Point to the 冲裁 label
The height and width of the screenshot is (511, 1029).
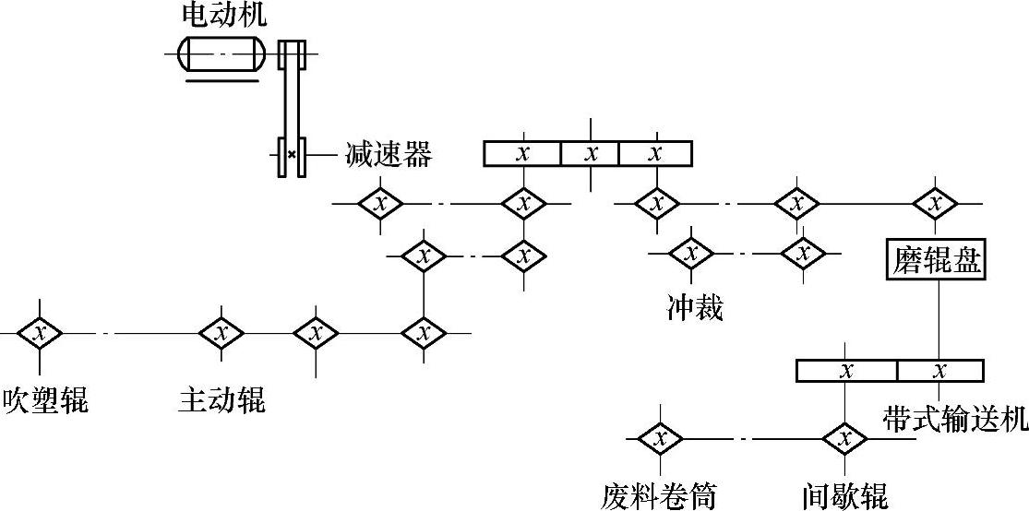pyautogui.click(x=695, y=306)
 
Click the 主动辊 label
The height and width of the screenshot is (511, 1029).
pyautogui.click(x=221, y=400)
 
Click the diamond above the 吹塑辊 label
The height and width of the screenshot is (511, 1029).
pyautogui.click(x=39, y=332)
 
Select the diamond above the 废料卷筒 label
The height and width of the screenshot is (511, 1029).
pyautogui.click(x=659, y=438)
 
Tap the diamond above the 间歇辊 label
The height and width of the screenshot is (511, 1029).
pyautogui.click(x=844, y=438)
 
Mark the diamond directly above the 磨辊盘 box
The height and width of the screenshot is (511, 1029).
pyautogui.click(x=936, y=202)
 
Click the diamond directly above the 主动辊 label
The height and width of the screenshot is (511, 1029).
pyautogui.click(x=221, y=332)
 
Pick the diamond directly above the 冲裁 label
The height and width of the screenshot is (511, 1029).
pyautogui.click(x=691, y=252)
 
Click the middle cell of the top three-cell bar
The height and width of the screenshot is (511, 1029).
pyautogui.click(x=590, y=153)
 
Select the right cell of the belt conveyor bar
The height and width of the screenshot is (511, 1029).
pyautogui.click(x=939, y=371)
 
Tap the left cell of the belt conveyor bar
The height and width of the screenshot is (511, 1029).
pyautogui.click(x=846, y=371)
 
